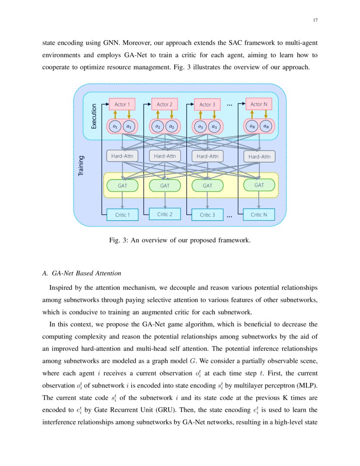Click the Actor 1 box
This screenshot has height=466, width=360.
[x=122, y=104]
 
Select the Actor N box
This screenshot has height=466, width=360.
[x=259, y=104]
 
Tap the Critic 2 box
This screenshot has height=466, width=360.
[x=165, y=214]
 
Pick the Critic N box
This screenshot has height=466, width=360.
[x=259, y=215]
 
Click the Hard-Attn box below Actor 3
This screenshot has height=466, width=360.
[x=208, y=156]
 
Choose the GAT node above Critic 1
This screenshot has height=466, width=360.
[x=122, y=186]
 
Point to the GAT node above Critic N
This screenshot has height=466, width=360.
[x=259, y=185]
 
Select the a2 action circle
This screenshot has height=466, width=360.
[x=172, y=126]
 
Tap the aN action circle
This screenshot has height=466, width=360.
[x=266, y=126]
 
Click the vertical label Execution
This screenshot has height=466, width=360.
[x=94, y=116]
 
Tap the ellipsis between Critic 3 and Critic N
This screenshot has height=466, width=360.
[x=230, y=216]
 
